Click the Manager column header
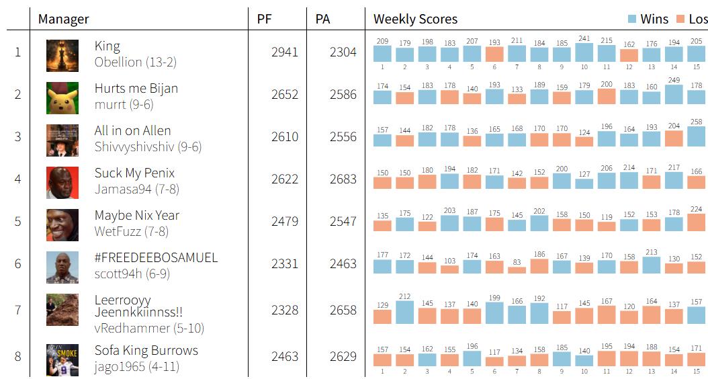pyautogui.click(x=64, y=19)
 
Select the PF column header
pyautogui.click(x=264, y=19)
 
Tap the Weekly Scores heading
pyautogui.click(x=415, y=19)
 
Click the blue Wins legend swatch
pyautogui.click(x=632, y=19)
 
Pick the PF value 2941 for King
pyautogui.click(x=284, y=52)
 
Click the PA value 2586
pyautogui.click(x=343, y=94)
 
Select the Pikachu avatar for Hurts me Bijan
pyautogui.click(x=62, y=98)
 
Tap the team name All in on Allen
pyautogui.click(x=133, y=130)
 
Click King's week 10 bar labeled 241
pyautogui.click(x=584, y=53)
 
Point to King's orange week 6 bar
pyautogui.click(x=494, y=54)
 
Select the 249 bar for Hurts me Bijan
pyautogui.click(x=674, y=94)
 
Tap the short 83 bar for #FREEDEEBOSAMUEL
pyautogui.click(x=517, y=270)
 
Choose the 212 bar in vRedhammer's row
pyautogui.click(x=404, y=312)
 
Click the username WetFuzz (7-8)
pyautogui.click(x=132, y=231)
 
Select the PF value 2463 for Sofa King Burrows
pyautogui.click(x=284, y=356)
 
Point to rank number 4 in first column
pyautogui.click(x=17, y=179)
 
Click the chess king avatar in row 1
pyautogui.click(x=62, y=56)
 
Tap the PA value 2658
pyautogui.click(x=343, y=310)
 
